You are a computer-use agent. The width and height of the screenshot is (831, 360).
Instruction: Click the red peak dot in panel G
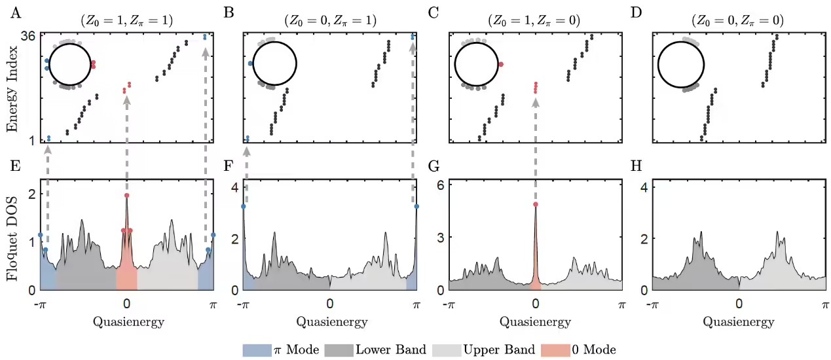click(536, 204)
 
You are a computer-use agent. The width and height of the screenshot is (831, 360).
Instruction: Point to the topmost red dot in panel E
click(126, 196)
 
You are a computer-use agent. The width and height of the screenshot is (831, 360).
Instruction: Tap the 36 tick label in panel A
click(28, 37)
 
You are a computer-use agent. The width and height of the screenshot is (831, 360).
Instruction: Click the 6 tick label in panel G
click(441, 185)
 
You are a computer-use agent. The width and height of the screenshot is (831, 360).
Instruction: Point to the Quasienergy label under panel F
click(331, 321)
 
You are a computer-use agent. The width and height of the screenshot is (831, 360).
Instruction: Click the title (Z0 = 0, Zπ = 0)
click(737, 20)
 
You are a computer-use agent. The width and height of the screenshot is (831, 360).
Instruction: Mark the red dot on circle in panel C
click(500, 64)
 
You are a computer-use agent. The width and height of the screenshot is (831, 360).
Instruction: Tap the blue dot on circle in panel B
click(251, 63)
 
